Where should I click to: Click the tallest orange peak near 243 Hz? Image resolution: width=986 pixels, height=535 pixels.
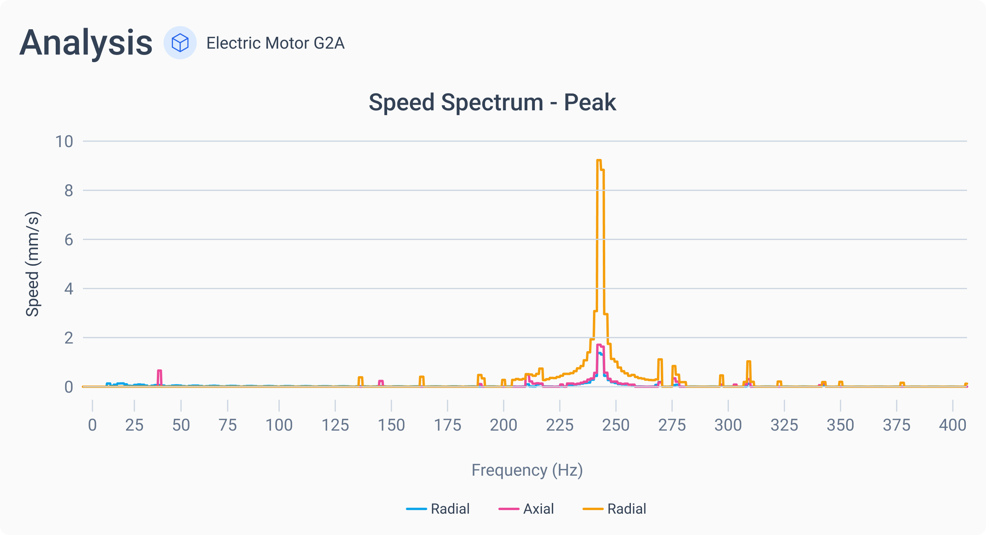tap(599, 161)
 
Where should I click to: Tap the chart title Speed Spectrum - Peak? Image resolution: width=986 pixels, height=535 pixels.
tap(492, 102)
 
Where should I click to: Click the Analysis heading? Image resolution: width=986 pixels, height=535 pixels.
tap(86, 43)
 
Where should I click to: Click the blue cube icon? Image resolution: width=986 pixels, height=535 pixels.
tap(180, 43)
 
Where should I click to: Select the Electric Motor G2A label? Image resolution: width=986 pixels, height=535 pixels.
tap(275, 43)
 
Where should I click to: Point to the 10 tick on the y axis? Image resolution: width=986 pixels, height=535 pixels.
tap(64, 142)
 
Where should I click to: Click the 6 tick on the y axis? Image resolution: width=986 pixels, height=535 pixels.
tap(69, 240)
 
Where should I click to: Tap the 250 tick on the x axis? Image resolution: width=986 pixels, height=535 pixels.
tap(615, 425)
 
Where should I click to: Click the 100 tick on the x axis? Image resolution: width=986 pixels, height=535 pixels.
tap(279, 425)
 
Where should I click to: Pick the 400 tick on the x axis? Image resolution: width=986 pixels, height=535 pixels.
tap(952, 425)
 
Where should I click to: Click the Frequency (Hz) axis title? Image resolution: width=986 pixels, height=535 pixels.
tap(527, 470)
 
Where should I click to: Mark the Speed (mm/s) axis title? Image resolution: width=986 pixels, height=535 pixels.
tap(32, 264)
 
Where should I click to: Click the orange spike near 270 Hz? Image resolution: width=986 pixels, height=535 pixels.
tap(660, 360)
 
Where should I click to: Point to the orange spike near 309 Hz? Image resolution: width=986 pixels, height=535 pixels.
tap(749, 362)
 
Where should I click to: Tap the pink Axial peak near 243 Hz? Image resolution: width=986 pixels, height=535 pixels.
tap(599, 345)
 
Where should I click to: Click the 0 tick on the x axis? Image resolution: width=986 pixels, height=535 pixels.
tap(92, 425)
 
